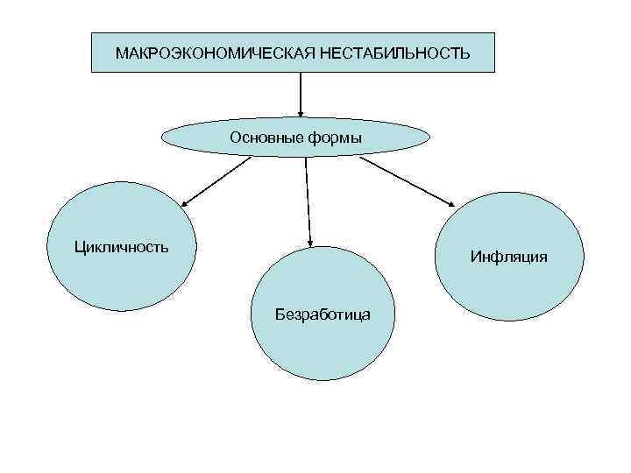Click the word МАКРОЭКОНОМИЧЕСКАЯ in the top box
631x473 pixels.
[216, 54]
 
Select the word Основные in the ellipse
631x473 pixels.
[262, 138]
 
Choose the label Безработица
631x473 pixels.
[323, 313]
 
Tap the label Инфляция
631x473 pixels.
[508, 257]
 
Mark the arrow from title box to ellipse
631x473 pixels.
[301, 92]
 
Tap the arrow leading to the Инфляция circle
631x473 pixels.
[407, 182]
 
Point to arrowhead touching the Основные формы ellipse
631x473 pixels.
[301, 111]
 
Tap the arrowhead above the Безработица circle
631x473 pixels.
[310, 240]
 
